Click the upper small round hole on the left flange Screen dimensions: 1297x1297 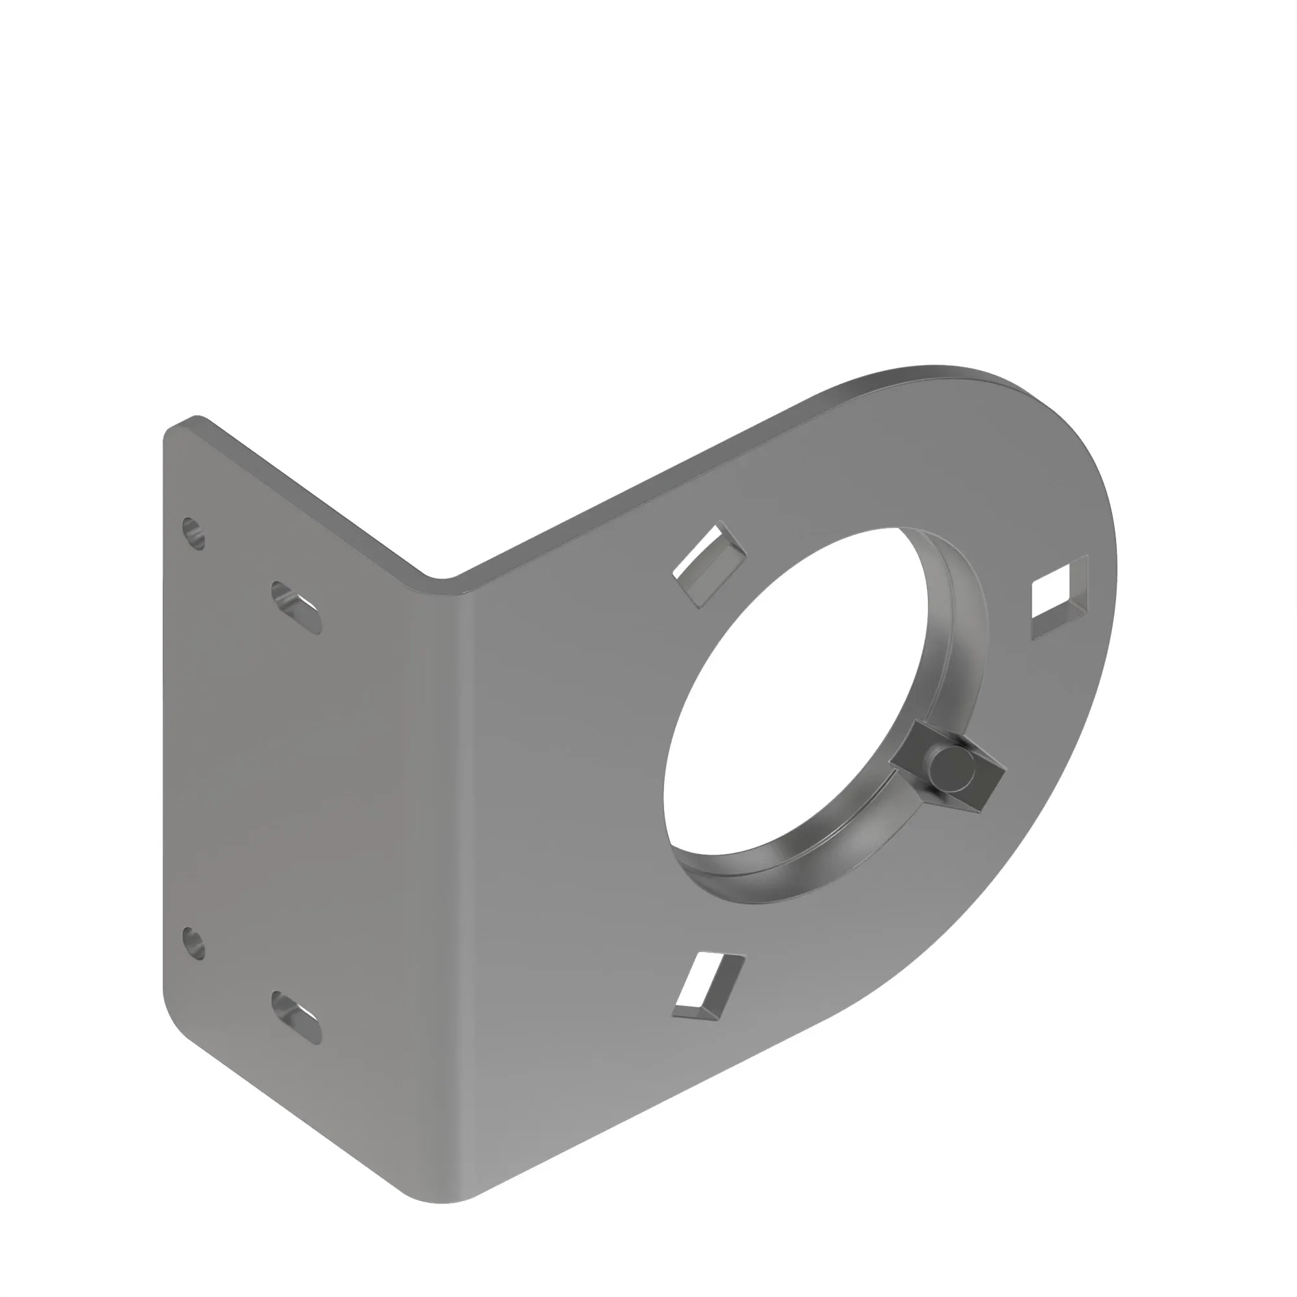point(194,533)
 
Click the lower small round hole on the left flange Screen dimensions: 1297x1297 point(194,942)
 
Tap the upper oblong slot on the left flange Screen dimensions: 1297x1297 point(296,608)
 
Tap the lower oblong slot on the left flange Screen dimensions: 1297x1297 point(296,1017)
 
